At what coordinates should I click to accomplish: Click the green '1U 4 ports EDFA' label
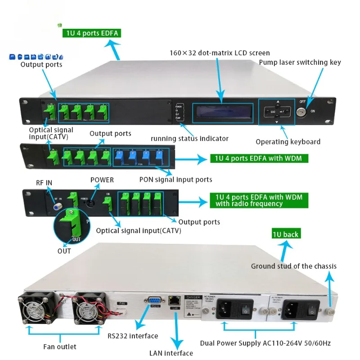[x=91, y=33]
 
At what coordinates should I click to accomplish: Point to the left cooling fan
[x=36, y=309]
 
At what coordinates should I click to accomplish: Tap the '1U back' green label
[x=285, y=234]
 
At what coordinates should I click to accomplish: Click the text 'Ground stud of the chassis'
[x=293, y=266]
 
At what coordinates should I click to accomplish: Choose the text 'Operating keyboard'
[x=288, y=142]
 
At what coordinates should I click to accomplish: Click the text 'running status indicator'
[x=189, y=139]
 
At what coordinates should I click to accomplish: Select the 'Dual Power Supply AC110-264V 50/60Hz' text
[x=265, y=343]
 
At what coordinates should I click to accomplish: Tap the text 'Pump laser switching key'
[x=300, y=63]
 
